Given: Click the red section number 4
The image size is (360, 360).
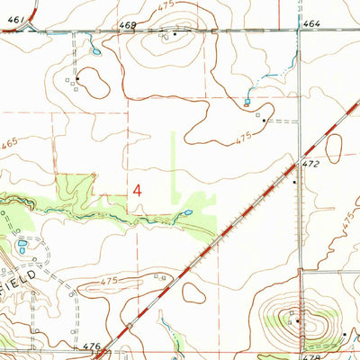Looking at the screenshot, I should click(139, 190).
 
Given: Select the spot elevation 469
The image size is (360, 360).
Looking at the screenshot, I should click(129, 25).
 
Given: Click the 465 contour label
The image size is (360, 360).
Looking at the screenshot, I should click(11, 143).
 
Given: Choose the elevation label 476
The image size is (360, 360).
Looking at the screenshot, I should click(91, 346).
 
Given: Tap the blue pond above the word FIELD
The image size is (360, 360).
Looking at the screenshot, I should click(22, 245).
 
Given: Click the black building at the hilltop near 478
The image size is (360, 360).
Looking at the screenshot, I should click(294, 319).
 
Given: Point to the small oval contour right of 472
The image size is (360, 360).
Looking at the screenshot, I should click(334, 148).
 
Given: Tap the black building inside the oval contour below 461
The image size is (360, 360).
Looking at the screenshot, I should click(77, 78).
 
